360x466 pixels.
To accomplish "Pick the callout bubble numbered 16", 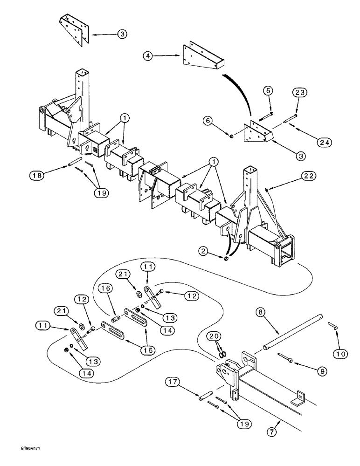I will pyautogui.click(x=105, y=290).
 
